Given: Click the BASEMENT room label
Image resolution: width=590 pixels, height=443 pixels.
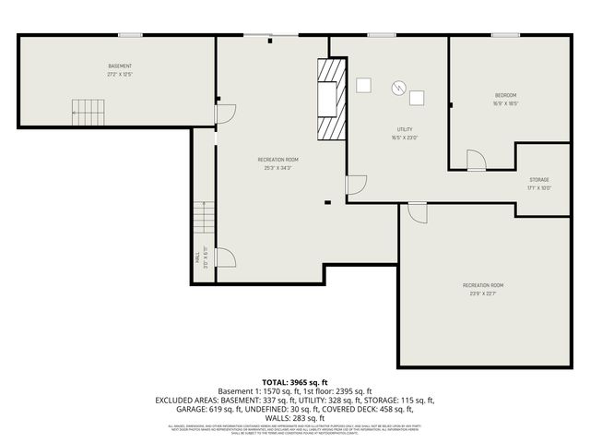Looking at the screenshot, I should point(120,66).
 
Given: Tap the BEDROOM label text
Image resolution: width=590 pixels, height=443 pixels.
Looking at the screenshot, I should point(505,95).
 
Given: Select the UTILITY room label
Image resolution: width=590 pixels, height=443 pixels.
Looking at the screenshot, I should point(405,130).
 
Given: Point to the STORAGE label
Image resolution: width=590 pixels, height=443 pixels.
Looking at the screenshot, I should point(539,179).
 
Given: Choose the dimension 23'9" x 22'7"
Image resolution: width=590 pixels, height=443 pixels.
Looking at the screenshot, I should point(483,294).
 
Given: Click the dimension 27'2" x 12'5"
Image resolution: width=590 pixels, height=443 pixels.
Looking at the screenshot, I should point(120,75).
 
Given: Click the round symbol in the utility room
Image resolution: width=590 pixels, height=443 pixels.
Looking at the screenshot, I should point(398,88).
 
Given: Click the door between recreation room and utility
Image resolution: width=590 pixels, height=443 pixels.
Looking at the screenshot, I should point(356,185).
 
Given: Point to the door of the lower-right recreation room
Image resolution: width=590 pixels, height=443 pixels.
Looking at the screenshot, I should point(418,212).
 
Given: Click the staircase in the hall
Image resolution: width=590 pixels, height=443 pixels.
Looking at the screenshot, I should point(203,220).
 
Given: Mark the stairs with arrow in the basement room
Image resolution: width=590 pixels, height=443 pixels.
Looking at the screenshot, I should point(86,114).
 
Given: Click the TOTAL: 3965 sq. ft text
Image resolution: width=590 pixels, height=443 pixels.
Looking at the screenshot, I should point(294,381).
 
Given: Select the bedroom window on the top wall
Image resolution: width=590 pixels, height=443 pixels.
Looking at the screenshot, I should point(504,35).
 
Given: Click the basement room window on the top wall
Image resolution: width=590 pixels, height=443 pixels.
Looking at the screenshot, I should point(130,35).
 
